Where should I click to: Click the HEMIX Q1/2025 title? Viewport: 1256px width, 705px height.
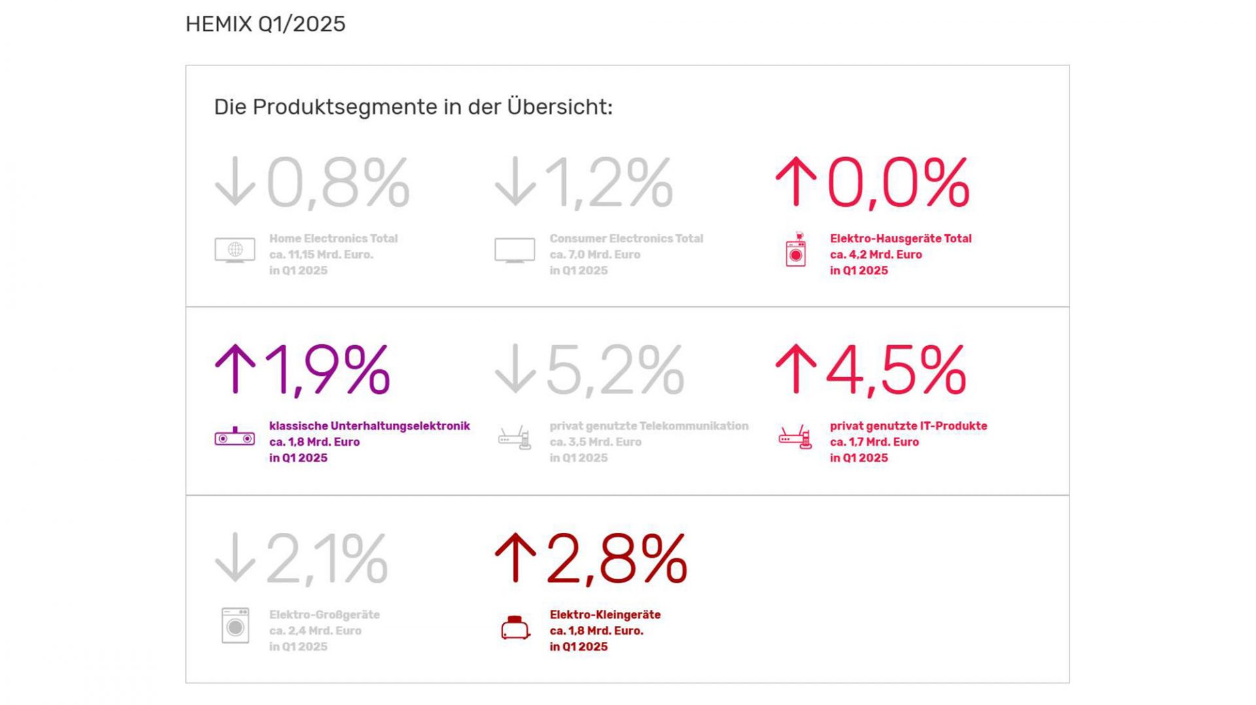(x=265, y=24)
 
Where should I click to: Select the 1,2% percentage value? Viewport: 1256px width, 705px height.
(x=608, y=183)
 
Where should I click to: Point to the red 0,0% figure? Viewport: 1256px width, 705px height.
(x=898, y=183)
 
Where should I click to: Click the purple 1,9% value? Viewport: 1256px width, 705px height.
(x=327, y=371)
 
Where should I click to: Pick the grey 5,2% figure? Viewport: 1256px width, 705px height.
(x=615, y=371)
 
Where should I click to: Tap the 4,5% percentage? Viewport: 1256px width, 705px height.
(x=896, y=371)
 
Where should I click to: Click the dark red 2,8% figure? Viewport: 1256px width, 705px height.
(x=617, y=560)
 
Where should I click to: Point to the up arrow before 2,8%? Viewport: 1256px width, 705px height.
(x=515, y=558)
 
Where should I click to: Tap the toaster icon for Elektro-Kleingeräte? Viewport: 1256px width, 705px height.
(x=515, y=628)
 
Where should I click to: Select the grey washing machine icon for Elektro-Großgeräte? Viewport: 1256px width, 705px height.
(x=235, y=626)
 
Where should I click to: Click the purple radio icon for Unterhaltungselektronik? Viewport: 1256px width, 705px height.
(x=235, y=437)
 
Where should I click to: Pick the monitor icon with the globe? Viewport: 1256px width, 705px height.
(x=235, y=250)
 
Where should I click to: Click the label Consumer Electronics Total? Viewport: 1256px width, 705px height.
(x=626, y=239)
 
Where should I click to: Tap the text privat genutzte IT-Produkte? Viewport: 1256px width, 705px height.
(x=908, y=426)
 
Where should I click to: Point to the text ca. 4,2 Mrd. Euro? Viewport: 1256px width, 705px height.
(x=875, y=255)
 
